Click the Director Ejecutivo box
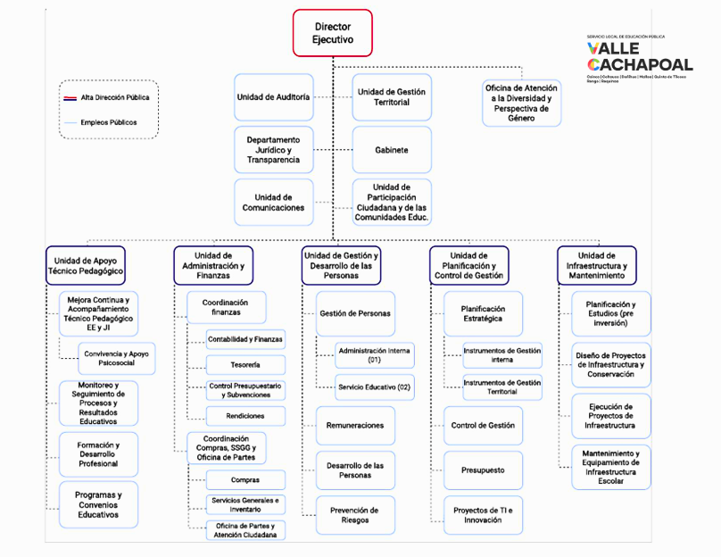(332, 34)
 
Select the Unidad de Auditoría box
(274, 97)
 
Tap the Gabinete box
(392, 150)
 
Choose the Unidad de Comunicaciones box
(274, 202)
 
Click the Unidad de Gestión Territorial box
(392, 97)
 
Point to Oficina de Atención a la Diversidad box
(522, 103)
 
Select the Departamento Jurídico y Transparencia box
(274, 150)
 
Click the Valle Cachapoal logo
(639, 59)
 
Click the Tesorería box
(245, 365)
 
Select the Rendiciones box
(245, 415)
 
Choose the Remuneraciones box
(354, 426)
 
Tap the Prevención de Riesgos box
(354, 515)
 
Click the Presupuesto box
(483, 470)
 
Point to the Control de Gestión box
(483, 426)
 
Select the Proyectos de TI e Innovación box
(483, 515)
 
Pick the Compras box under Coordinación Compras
(245, 480)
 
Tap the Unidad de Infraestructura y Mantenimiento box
(596, 266)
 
